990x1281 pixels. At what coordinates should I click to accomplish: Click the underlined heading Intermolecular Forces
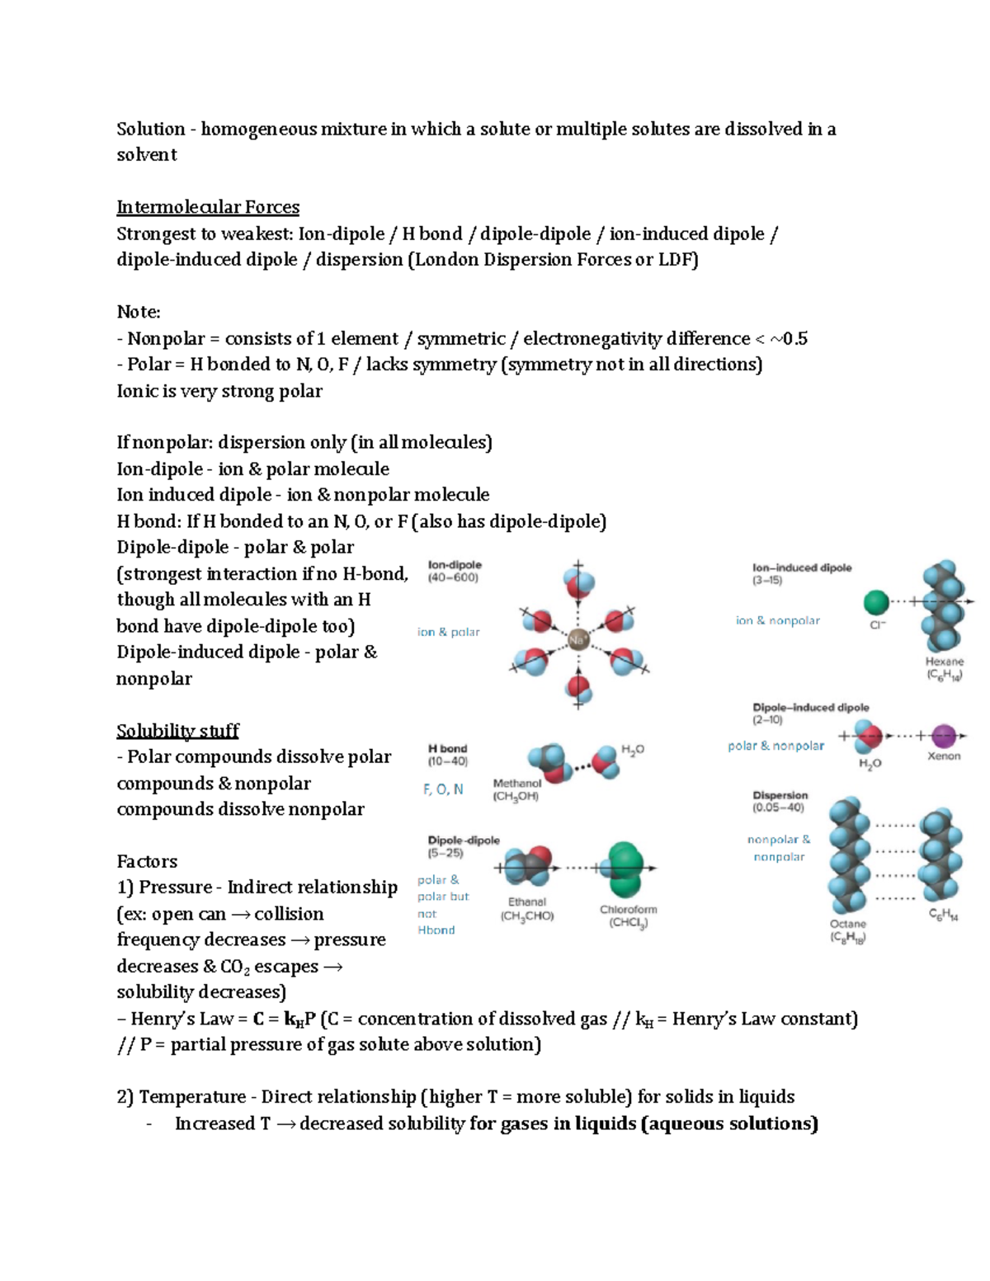[x=208, y=207]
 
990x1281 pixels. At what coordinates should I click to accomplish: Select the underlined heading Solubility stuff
[x=177, y=731]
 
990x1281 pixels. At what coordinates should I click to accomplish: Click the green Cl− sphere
[x=876, y=603]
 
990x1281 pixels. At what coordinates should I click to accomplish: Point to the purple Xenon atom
[x=943, y=735]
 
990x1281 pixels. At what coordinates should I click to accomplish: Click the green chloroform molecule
[x=625, y=869]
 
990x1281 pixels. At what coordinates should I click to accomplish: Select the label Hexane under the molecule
[x=945, y=662]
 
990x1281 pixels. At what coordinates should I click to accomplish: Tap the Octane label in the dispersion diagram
[x=847, y=924]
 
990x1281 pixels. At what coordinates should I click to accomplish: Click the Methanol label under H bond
[x=517, y=783]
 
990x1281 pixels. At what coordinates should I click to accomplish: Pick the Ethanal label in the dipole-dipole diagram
[x=527, y=902]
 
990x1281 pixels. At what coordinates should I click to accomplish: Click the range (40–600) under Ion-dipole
[x=453, y=578]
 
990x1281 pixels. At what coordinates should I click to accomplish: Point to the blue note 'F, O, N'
[x=443, y=789]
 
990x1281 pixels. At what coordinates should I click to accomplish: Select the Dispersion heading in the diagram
[x=780, y=795]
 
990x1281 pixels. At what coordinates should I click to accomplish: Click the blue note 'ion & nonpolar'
[x=778, y=620]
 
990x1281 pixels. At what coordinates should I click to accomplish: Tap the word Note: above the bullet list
[x=139, y=312]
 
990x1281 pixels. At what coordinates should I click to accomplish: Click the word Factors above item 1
[x=147, y=861]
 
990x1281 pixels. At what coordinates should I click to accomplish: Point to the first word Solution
[x=151, y=130]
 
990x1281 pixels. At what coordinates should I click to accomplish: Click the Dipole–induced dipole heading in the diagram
[x=811, y=708]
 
